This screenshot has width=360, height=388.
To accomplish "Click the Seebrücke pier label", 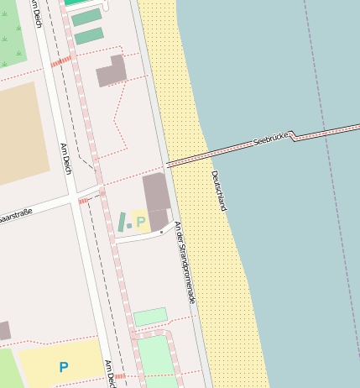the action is click(x=270, y=139).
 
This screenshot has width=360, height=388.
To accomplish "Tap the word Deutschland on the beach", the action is click(x=220, y=191).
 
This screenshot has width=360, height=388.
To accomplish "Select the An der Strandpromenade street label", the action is click(x=185, y=262).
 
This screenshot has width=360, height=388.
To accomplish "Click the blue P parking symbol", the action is click(x=64, y=367).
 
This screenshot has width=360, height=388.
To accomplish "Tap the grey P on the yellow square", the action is click(x=141, y=222).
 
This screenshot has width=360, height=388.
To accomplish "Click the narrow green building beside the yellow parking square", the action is click(x=122, y=222).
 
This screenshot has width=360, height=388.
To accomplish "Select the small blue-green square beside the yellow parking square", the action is click(x=129, y=225).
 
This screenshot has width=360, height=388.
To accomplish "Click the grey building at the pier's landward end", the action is click(x=157, y=199).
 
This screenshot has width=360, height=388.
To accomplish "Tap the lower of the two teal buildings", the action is click(x=89, y=36).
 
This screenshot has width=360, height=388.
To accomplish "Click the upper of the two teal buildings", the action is click(x=86, y=17).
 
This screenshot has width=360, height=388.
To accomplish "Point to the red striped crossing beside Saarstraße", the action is click(x=83, y=201).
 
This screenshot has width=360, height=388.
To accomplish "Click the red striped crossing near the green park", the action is click(x=60, y=62).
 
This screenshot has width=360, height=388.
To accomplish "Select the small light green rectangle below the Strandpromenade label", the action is click(x=150, y=317).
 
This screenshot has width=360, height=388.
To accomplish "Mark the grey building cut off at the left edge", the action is click(x=4, y=330).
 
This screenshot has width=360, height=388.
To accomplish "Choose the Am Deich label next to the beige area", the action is click(x=65, y=158).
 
